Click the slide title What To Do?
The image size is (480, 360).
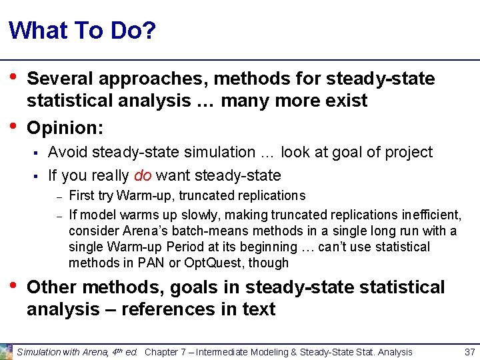click(83, 31)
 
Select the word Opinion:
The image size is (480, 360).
click(63, 127)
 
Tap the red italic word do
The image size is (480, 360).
click(143, 176)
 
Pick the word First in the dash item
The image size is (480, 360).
click(82, 196)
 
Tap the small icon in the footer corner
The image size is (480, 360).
click(7, 351)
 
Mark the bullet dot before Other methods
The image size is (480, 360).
click(13, 287)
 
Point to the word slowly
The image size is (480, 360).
click(168, 215)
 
